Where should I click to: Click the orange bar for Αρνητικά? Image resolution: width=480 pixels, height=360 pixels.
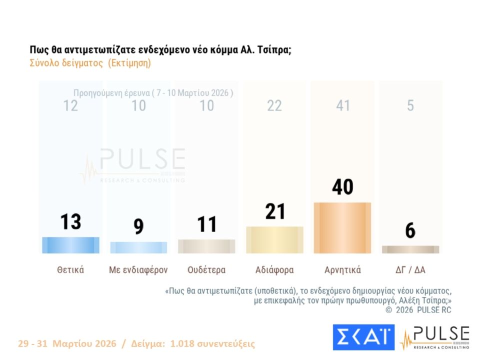pos(342,228)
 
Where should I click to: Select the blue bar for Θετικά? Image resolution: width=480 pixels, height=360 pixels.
pos(70,245)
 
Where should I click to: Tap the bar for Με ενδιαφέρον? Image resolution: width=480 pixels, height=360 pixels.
pos(138,247)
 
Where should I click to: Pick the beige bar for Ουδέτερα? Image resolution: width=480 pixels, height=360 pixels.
pos(206,246)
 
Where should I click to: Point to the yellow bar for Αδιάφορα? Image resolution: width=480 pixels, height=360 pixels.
pos(274,240)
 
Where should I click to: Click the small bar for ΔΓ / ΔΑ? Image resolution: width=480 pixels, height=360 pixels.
pos(410,249)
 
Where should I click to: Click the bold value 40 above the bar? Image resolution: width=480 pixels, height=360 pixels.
pos(342,187)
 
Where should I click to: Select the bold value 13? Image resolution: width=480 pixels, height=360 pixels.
pos(70,221)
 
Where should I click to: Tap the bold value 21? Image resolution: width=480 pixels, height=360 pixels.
pos(274,211)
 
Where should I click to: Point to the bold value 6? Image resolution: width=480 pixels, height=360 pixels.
pos(410,230)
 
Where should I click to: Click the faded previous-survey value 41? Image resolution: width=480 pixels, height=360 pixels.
pos(342,105)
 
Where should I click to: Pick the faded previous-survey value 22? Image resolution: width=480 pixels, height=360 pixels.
pos(274,105)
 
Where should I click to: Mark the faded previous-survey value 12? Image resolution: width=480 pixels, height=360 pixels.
pos(70,105)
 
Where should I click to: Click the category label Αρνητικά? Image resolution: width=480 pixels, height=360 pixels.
pos(342,270)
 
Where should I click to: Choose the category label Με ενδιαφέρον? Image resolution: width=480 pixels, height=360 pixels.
pos(138,270)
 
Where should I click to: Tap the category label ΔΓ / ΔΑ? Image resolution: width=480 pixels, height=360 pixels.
pos(410,270)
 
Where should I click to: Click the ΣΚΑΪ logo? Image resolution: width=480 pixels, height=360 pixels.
pos(363,337)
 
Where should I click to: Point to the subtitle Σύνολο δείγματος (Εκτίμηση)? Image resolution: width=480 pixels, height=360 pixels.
pos(90,63)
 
